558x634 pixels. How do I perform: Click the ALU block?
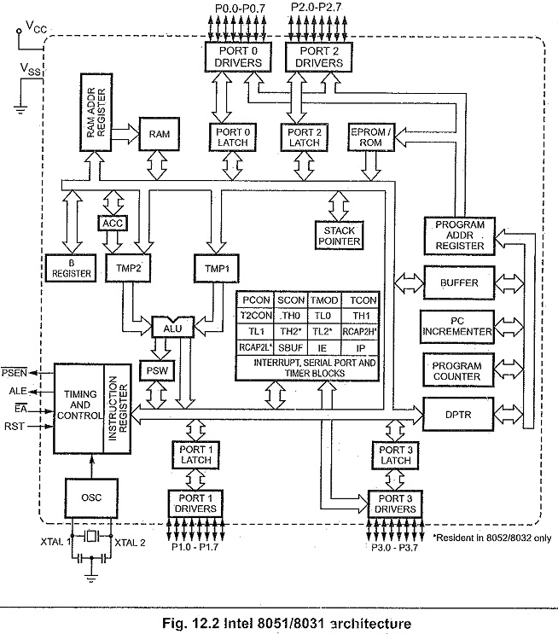[x=172, y=327]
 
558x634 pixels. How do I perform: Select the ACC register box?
[x=113, y=224]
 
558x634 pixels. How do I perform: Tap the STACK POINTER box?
[x=339, y=236]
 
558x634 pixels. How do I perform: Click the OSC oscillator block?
[x=91, y=497]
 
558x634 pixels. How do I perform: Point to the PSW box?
[x=157, y=370]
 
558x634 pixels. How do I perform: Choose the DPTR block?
[x=458, y=415]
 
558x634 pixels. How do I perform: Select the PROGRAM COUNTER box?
[x=458, y=371]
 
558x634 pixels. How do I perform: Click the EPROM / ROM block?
[x=371, y=137]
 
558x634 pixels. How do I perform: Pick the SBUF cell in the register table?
[x=291, y=348]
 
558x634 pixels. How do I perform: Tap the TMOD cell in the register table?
[x=324, y=300]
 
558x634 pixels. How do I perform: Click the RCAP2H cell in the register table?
[x=360, y=332]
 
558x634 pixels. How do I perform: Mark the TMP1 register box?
[x=217, y=268]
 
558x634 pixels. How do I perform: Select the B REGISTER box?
[x=71, y=268]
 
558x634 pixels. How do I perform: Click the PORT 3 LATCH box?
[x=395, y=455]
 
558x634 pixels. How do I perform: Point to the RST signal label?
[x=15, y=426]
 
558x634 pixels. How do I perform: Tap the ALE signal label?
[x=18, y=391]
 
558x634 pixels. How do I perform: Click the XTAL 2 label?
[x=130, y=542]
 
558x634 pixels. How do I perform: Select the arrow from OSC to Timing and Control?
[x=92, y=466]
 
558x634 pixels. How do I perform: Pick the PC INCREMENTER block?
[x=457, y=327]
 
